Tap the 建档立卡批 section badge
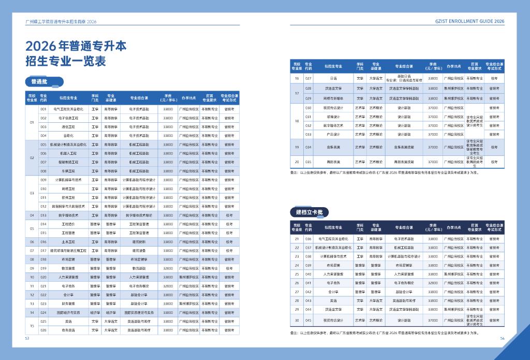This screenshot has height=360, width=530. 308,212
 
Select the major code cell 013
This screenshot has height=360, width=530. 43,215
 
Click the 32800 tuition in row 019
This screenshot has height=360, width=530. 168,268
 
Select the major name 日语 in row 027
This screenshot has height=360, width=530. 333,79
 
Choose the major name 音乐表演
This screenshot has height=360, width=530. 333,147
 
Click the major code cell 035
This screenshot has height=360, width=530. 308,162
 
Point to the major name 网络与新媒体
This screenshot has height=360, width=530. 333,98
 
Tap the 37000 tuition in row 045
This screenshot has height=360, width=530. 433,320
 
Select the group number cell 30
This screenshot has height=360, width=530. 297,320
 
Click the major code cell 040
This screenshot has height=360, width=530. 308,274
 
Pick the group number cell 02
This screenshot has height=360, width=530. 32,157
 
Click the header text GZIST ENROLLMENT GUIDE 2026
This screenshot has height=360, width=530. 470,22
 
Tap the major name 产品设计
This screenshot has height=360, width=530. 333,134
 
